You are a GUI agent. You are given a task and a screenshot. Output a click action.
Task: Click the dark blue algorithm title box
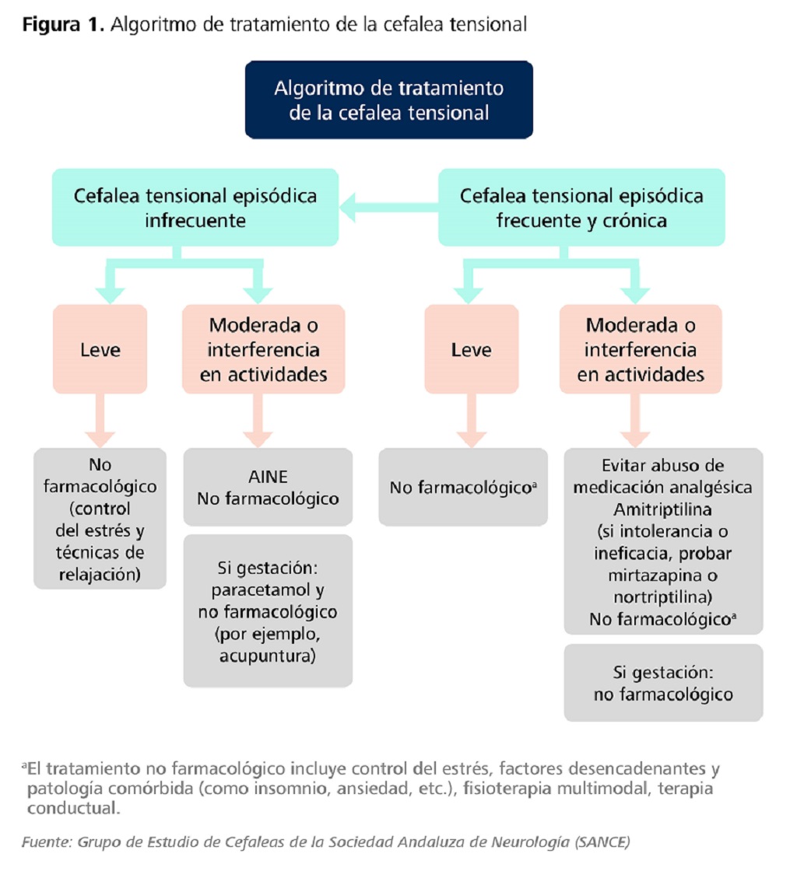tap(388, 100)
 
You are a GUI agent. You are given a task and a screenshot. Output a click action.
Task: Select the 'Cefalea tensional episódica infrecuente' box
tap(195, 207)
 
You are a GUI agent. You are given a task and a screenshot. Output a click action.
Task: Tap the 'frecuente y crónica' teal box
tap(581, 207)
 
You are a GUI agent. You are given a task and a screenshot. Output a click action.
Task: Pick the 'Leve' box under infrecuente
tap(100, 349)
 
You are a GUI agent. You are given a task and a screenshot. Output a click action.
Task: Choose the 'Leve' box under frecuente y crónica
tap(471, 349)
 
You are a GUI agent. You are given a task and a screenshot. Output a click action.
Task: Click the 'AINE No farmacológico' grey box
tap(267, 487)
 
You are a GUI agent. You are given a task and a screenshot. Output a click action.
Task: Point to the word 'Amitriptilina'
tap(663, 509)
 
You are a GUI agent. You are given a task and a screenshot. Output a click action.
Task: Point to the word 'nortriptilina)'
tap(663, 598)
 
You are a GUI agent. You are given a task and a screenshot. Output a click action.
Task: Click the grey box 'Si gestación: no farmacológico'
tap(663, 683)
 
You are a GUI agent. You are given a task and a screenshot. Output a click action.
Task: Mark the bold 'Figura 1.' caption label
tap(63, 24)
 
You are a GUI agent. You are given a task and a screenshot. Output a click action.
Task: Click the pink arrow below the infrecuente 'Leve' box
tap(100, 420)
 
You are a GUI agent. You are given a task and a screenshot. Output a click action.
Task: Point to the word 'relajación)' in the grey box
tap(100, 575)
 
